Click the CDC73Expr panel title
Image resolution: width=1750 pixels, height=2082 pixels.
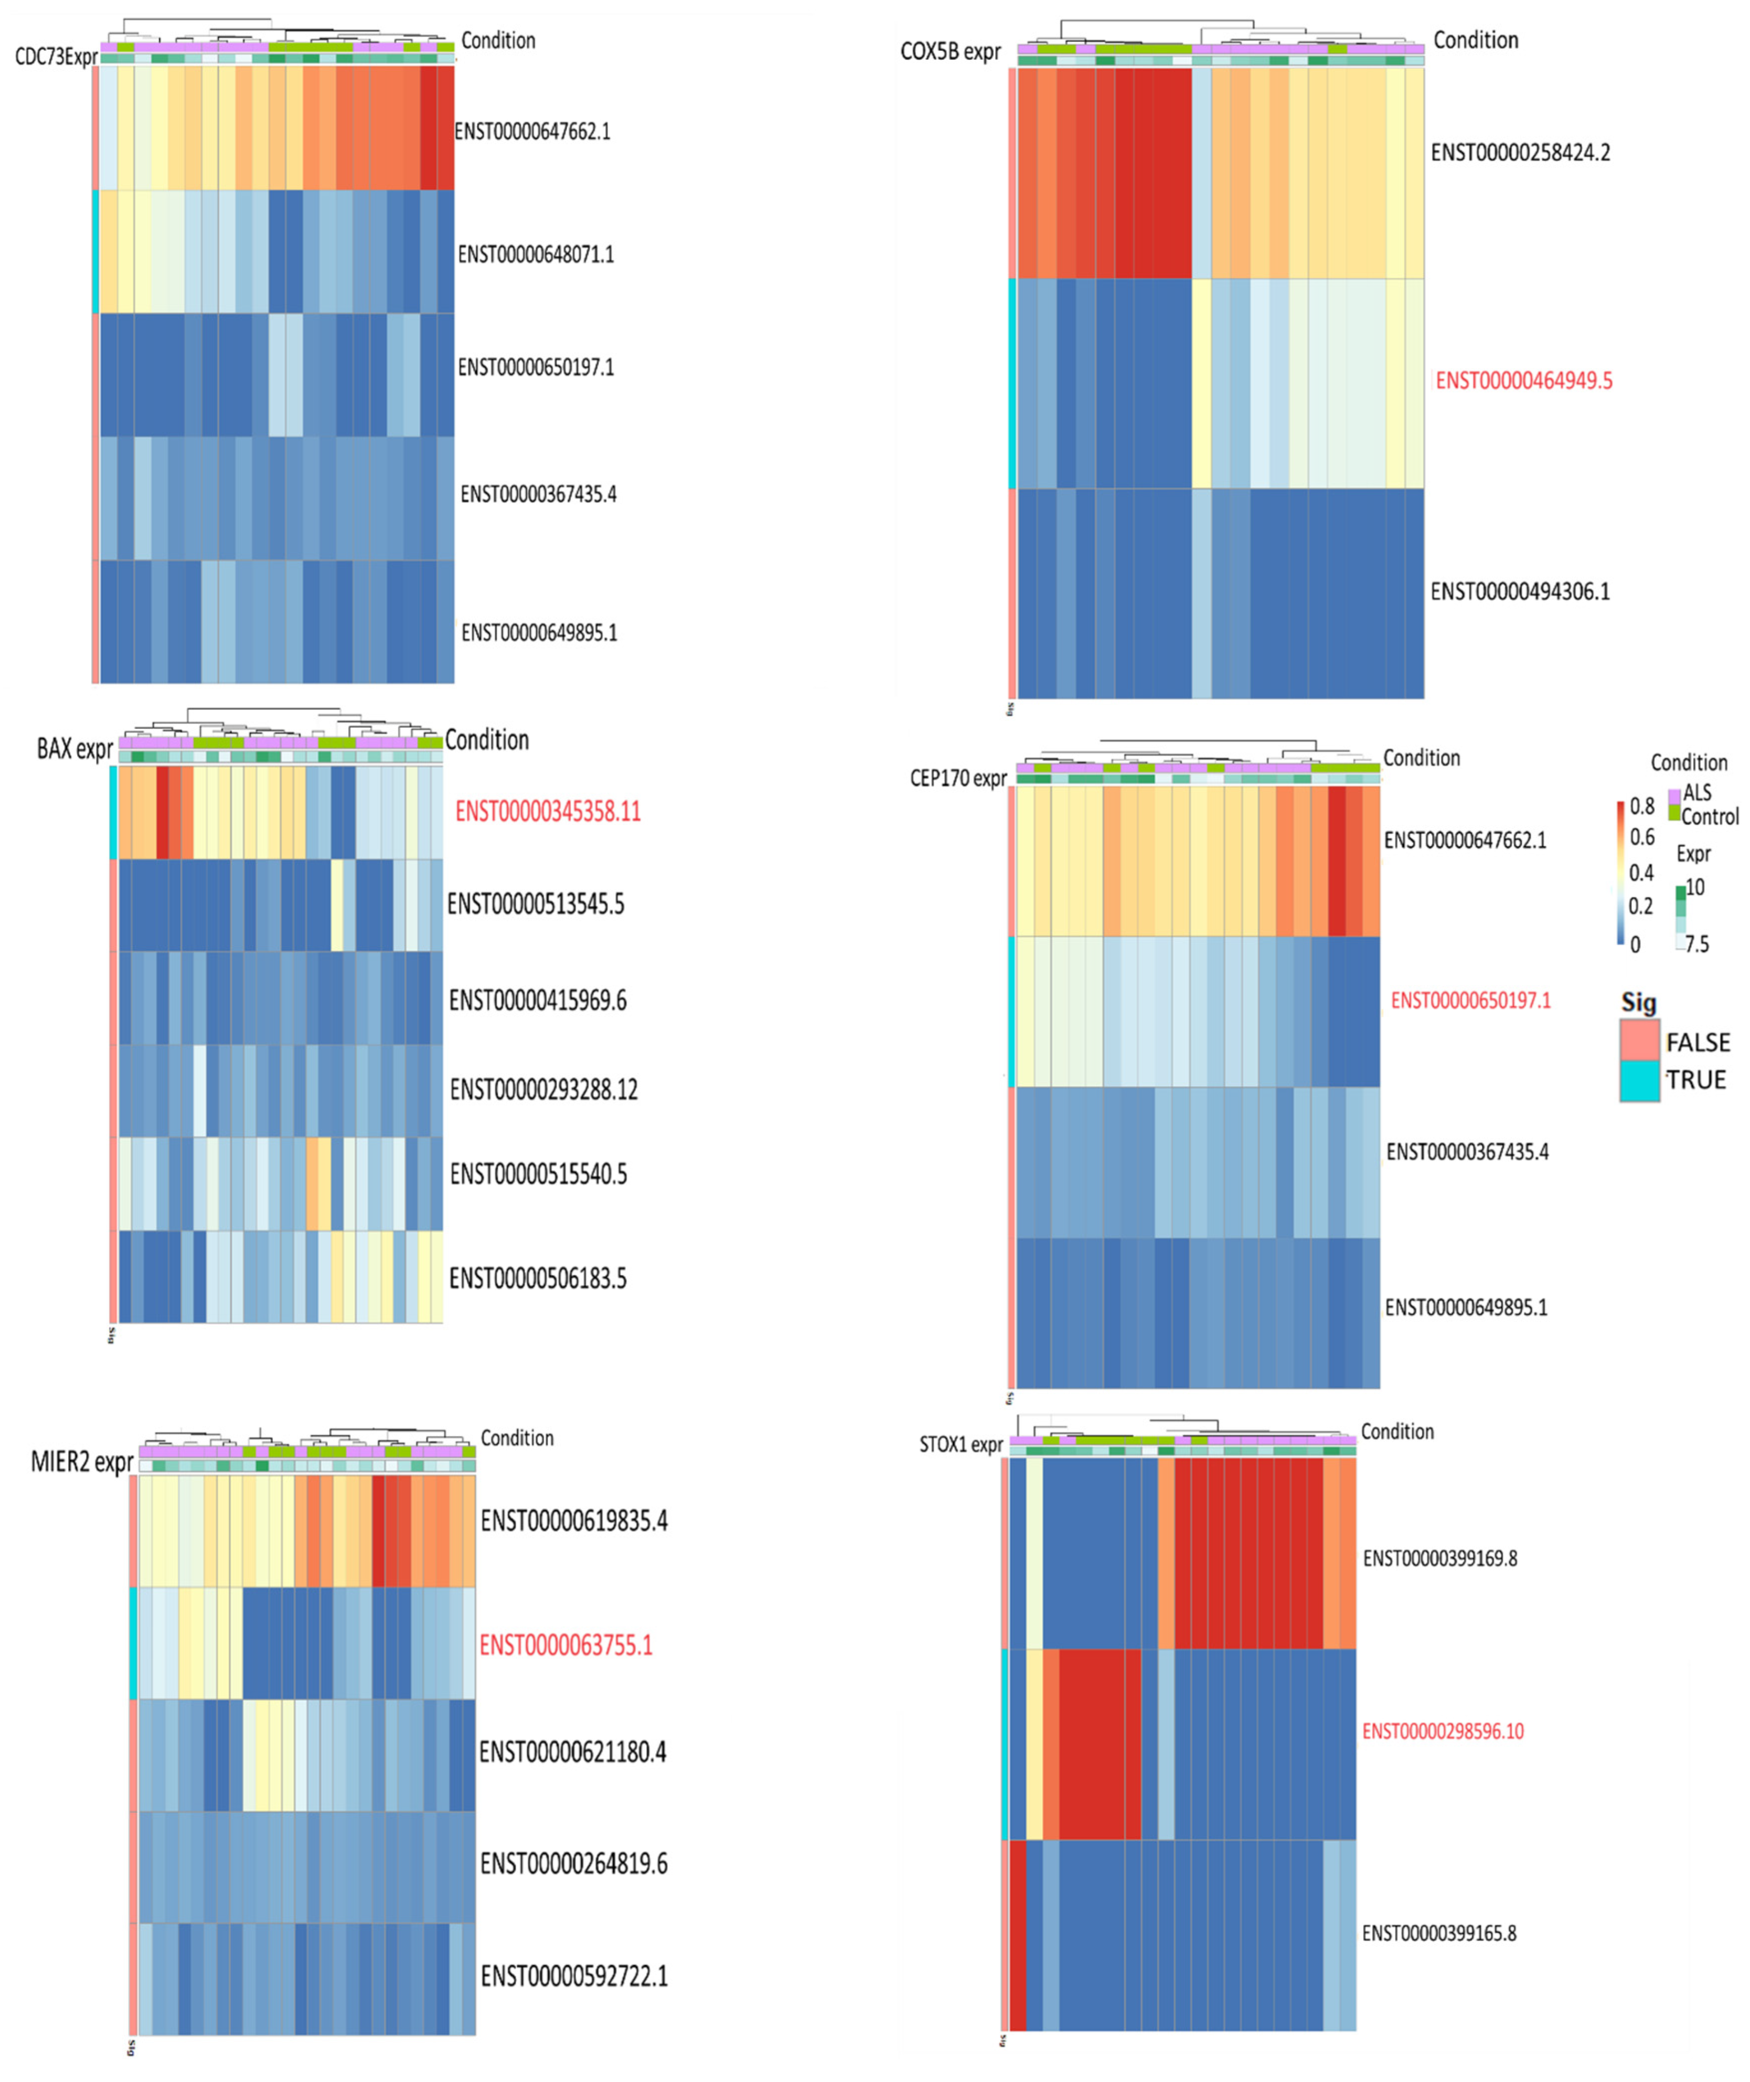(x=56, y=57)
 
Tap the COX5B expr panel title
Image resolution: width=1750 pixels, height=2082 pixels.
(x=949, y=51)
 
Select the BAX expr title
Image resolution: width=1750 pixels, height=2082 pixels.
(x=74, y=748)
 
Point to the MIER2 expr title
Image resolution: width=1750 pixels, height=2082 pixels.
(x=81, y=1462)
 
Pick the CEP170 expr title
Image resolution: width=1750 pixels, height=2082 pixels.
(x=957, y=778)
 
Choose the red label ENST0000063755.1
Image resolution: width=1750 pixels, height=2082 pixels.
(x=565, y=1645)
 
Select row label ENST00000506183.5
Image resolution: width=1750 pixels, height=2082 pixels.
(x=538, y=1278)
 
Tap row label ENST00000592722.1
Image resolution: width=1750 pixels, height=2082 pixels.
(x=573, y=1976)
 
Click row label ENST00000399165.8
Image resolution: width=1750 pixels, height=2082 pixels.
(x=1438, y=1933)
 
